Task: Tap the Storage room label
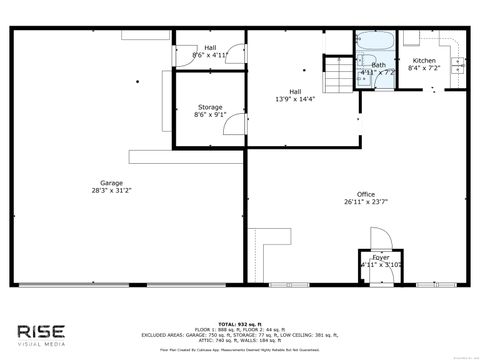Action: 210,107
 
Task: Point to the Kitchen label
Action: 425,60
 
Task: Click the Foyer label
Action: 381,257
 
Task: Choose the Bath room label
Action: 378,65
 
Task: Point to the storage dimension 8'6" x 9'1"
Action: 210,115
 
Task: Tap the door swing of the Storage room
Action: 232,122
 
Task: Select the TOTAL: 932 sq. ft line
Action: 240,324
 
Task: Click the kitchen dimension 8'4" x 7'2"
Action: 425,68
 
